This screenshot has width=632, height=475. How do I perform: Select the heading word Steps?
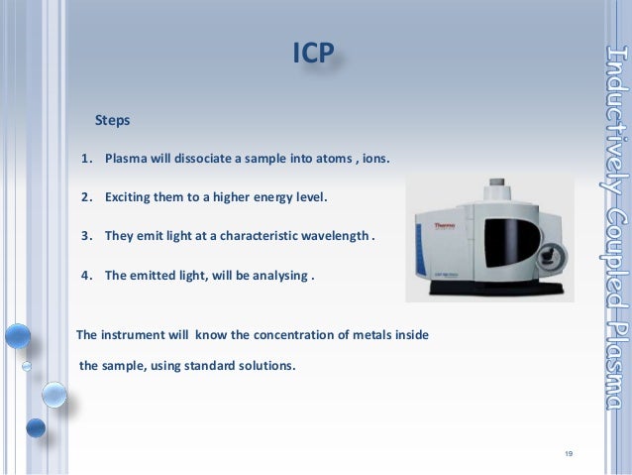tap(112, 120)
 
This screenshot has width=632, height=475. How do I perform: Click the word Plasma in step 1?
tap(127, 159)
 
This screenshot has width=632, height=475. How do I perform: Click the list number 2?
tap(86, 197)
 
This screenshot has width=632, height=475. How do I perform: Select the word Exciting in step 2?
tap(130, 197)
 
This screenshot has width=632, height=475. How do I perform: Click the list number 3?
tap(86, 236)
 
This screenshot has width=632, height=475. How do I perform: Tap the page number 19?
tap(568, 454)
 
